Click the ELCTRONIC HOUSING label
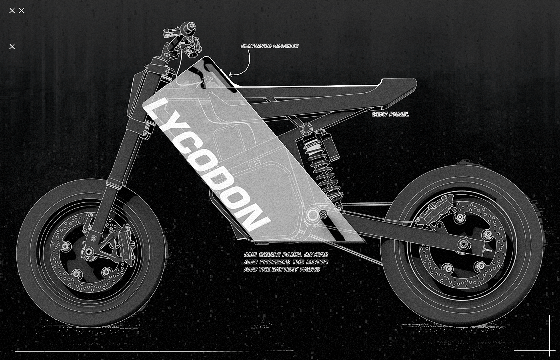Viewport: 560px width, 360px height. point(270,46)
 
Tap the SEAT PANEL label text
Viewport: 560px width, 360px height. point(390,114)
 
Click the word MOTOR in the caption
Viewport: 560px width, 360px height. point(318,262)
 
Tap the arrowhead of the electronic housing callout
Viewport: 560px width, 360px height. point(230,74)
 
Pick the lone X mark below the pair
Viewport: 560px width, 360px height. point(12,46)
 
